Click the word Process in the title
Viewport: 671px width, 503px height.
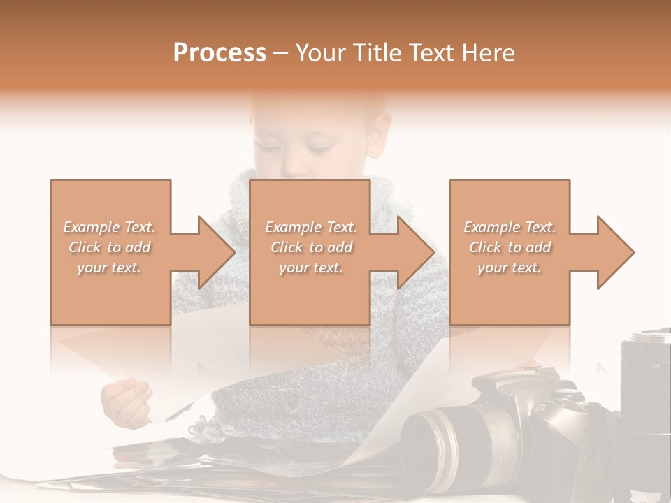[x=219, y=53]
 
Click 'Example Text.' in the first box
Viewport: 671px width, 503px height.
[x=110, y=227]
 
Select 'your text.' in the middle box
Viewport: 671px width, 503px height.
[x=310, y=268]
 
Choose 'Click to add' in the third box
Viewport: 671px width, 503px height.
[x=510, y=247]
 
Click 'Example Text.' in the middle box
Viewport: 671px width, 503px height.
[x=310, y=227]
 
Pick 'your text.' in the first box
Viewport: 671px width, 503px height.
[x=110, y=268]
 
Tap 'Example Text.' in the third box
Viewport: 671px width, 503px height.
[x=510, y=227]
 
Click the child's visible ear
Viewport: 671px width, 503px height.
[x=380, y=133]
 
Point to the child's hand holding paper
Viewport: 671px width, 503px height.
[x=126, y=401]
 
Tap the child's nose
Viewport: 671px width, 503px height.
[x=294, y=166]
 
